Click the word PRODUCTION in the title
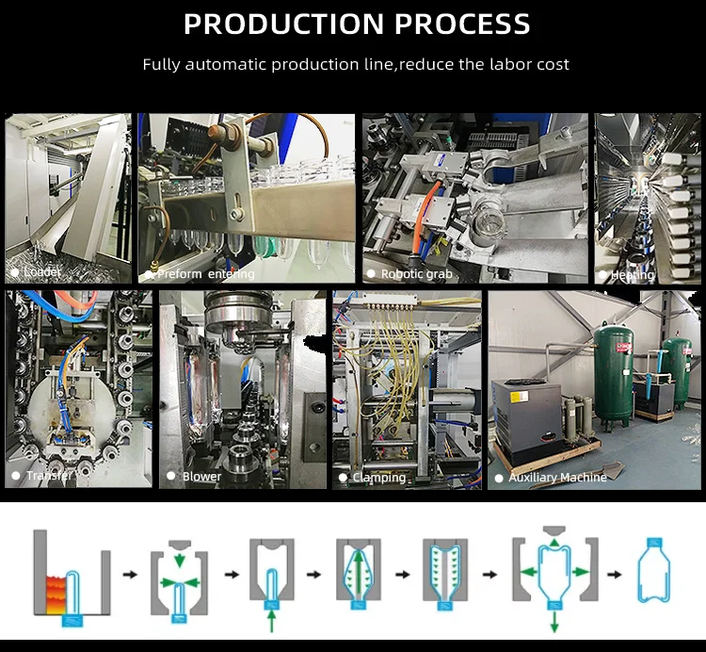coord(278,24)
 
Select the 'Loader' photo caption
coord(42,272)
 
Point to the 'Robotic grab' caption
coord(416,274)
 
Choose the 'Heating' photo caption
coord(633,275)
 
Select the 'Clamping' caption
coord(378,478)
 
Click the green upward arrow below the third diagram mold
coord(272,618)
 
